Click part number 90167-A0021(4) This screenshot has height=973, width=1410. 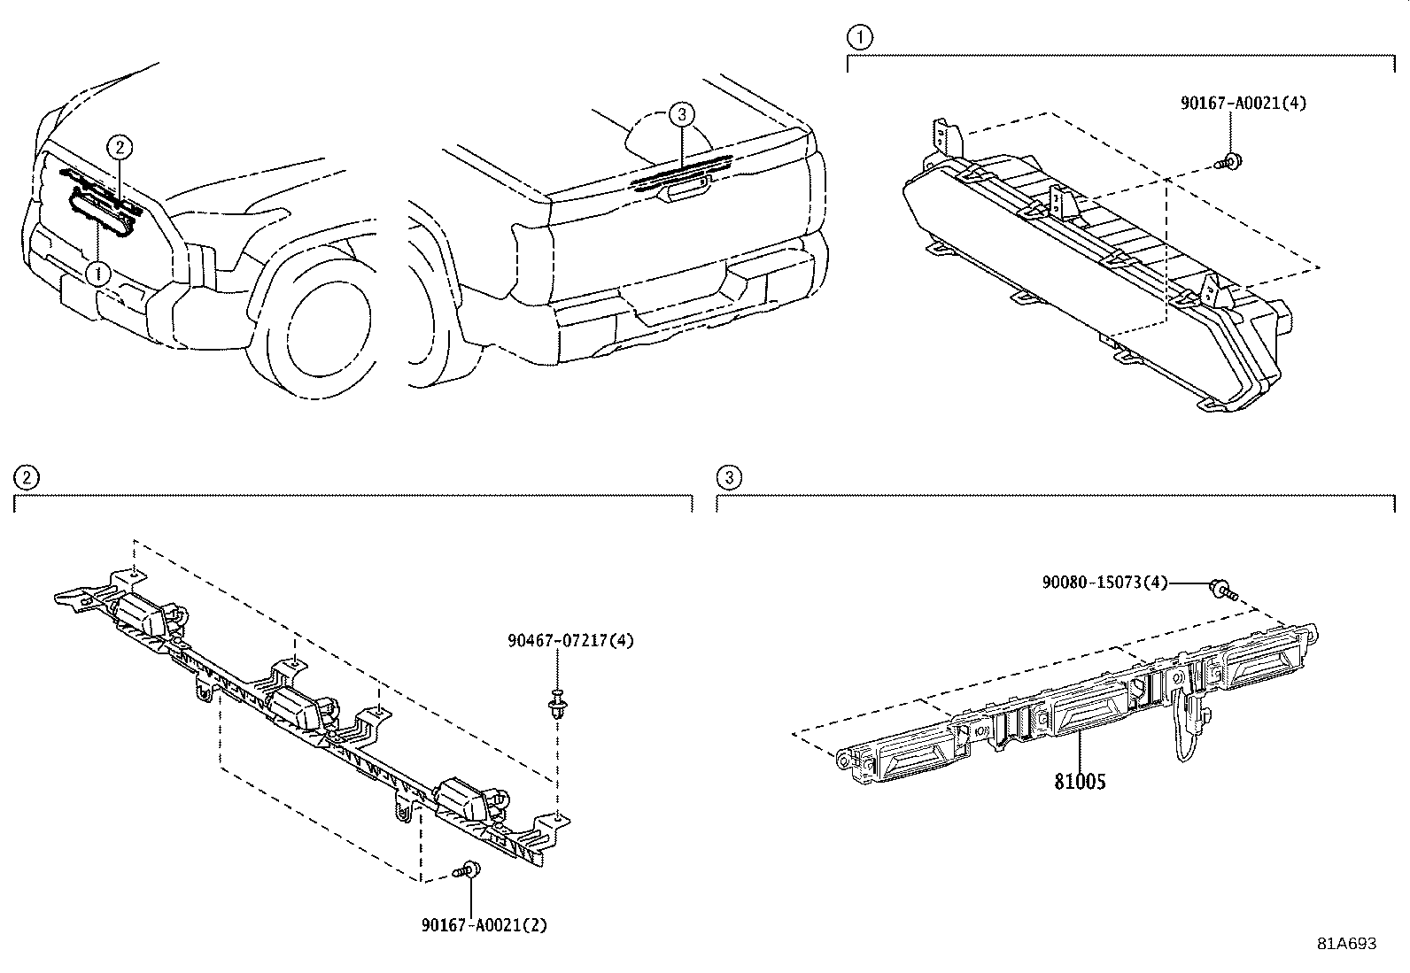coord(1243,104)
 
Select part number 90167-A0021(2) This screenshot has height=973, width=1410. coord(484,925)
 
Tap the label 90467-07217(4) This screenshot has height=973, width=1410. coord(571,641)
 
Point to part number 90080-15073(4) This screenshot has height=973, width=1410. coord(1104,583)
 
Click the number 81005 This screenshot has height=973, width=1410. coord(1081,782)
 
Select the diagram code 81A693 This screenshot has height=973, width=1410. coord(1347,944)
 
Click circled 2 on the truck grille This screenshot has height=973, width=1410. coord(120,148)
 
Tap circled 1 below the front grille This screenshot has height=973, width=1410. coord(98,274)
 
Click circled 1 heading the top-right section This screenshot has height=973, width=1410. coord(860,38)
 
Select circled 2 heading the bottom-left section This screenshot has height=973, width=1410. coord(27,478)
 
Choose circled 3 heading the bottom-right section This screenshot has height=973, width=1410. coord(729,478)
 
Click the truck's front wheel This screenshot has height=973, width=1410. coord(318,321)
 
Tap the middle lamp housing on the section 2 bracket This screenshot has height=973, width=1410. coord(296,708)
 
